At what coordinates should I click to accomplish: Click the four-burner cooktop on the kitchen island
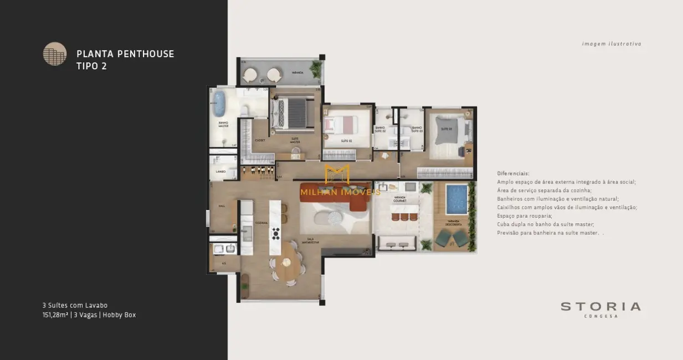point(275,233)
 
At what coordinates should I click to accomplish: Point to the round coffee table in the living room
point(336,218)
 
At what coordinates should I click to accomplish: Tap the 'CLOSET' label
point(260,141)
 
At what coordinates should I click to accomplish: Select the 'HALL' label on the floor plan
point(222,206)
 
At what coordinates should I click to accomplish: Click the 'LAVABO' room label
point(220,172)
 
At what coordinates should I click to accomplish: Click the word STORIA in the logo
point(600,306)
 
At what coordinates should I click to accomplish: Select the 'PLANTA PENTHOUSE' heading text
point(125,54)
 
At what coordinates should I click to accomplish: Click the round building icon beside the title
point(55,54)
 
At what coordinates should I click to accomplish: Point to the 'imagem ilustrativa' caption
point(612,44)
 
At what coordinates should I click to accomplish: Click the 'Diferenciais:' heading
point(513,173)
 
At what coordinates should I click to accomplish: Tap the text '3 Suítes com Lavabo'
point(75,305)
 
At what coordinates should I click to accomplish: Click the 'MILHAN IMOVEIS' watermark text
point(340,192)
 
